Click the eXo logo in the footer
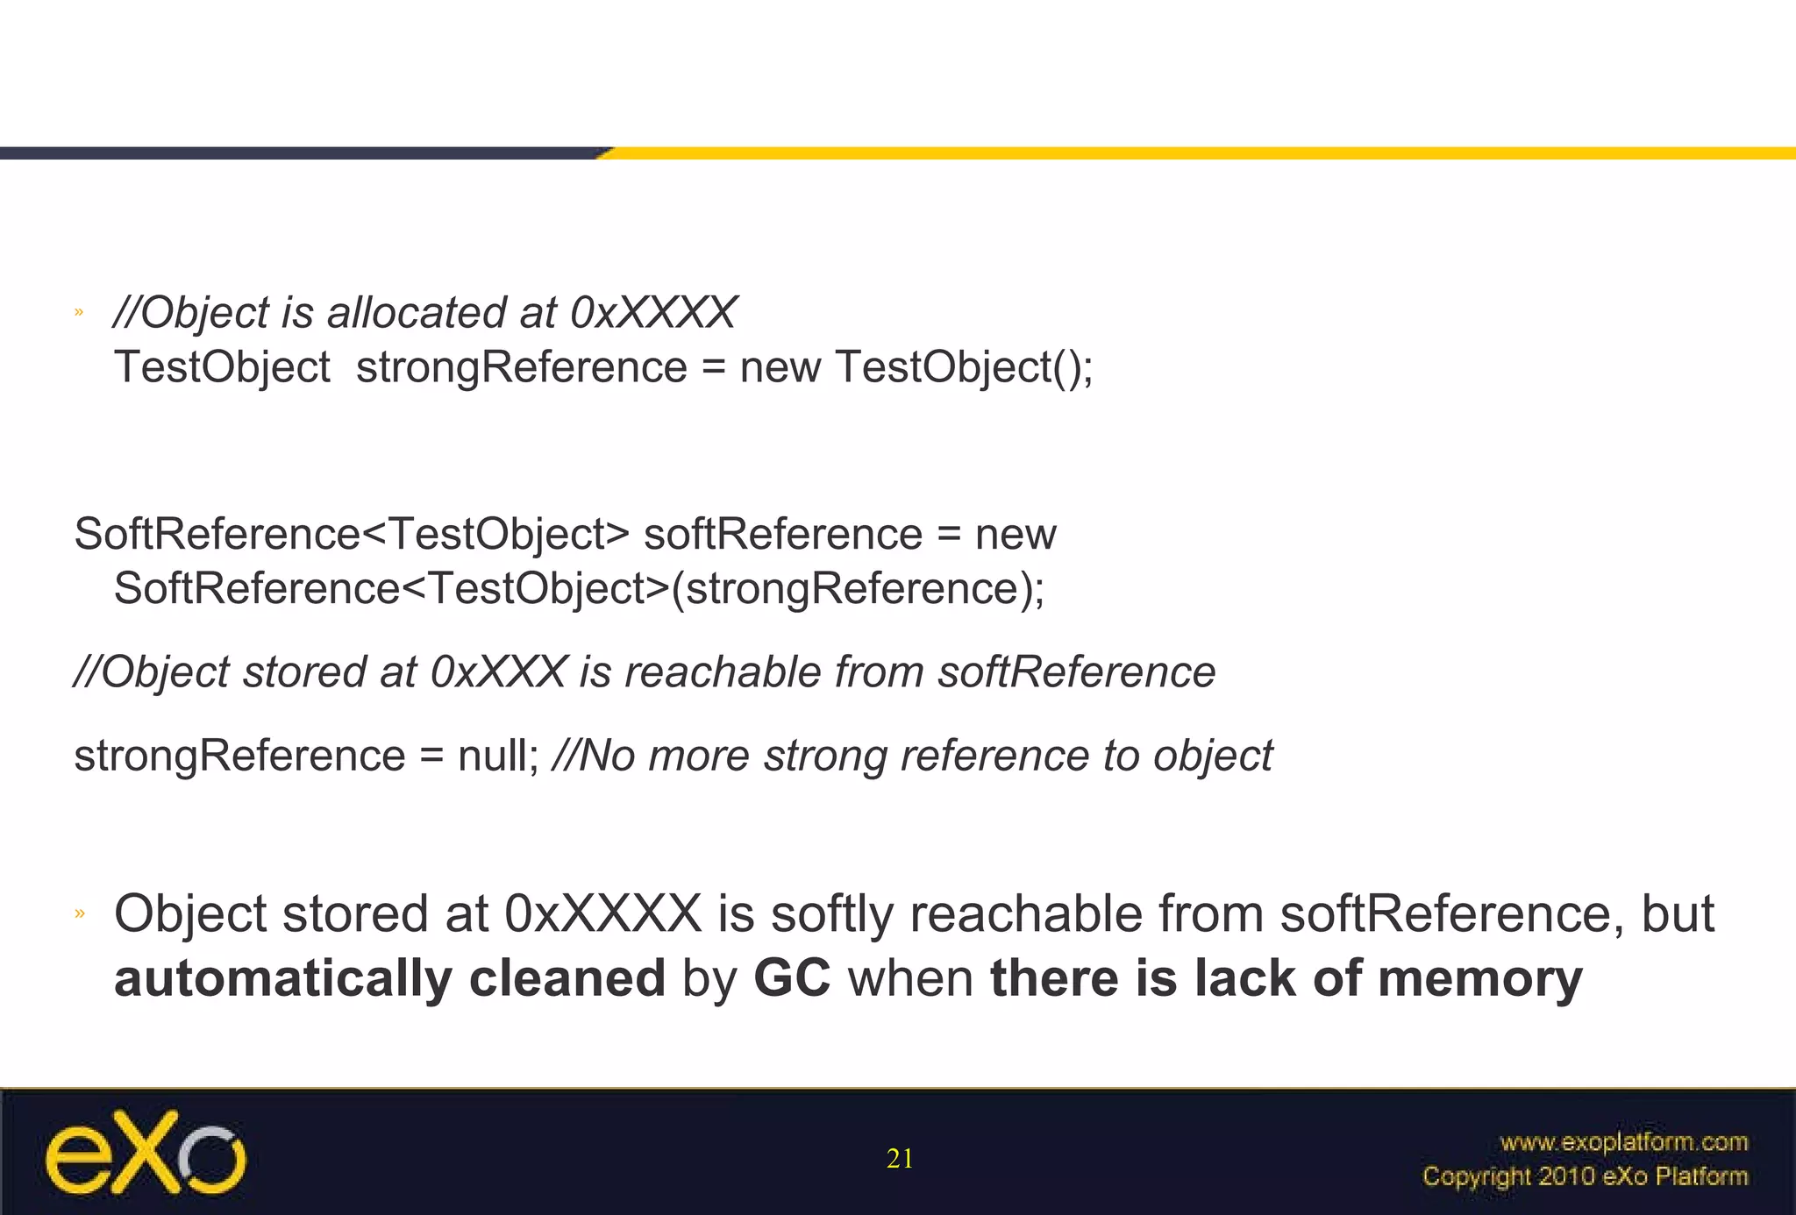point(146,1152)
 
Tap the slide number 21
point(900,1159)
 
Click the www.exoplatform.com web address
point(1623,1141)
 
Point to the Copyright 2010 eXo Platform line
point(1585,1176)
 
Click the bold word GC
point(791,978)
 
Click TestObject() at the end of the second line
point(963,366)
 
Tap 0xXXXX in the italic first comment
point(652,313)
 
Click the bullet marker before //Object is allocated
point(79,312)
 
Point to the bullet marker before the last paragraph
point(79,913)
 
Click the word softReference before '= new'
point(782,535)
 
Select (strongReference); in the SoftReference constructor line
point(858,588)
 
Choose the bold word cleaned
point(567,978)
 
